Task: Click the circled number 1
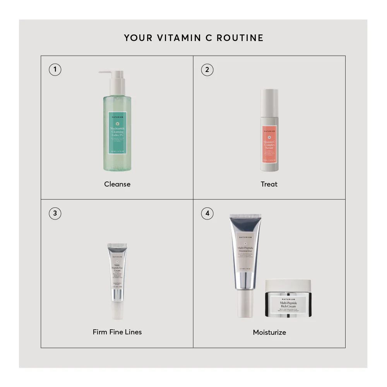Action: tap(55, 70)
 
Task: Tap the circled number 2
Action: tap(207, 70)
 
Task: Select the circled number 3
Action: tap(55, 213)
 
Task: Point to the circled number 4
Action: tap(207, 213)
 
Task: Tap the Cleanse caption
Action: tap(117, 184)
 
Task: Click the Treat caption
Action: tap(269, 184)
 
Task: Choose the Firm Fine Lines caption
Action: tap(117, 332)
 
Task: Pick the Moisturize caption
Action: tap(269, 332)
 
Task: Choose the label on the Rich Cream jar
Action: tap(288, 304)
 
